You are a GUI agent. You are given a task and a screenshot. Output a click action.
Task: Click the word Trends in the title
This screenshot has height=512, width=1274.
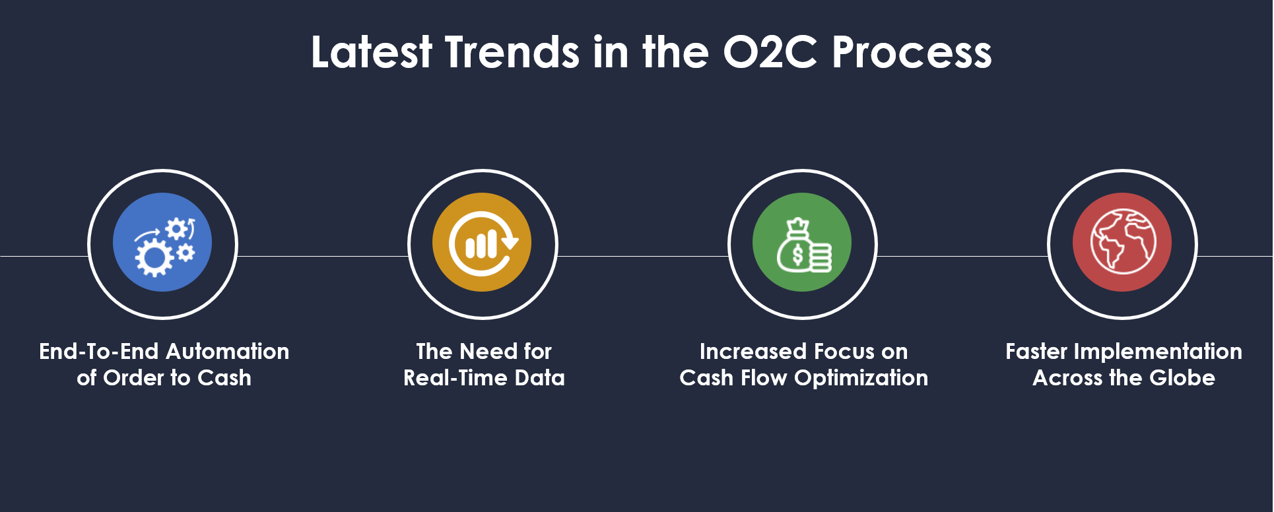(512, 52)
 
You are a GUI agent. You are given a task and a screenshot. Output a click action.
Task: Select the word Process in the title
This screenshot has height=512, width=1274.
(912, 52)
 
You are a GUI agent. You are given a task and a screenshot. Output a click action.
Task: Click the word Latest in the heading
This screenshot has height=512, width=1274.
(372, 52)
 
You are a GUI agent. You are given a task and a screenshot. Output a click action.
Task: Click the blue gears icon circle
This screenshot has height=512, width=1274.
(162, 242)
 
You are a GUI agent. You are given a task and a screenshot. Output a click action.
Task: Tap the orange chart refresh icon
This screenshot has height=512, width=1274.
(482, 242)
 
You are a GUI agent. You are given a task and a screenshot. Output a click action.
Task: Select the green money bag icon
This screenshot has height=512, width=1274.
(802, 242)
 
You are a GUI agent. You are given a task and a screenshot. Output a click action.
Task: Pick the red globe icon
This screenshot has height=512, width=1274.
(1122, 242)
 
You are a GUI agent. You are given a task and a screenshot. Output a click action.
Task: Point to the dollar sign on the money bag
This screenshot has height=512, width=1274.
(797, 255)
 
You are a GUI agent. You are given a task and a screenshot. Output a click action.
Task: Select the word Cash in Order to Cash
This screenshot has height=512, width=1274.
(224, 378)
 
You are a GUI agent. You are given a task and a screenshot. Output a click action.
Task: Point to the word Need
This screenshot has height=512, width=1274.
(488, 352)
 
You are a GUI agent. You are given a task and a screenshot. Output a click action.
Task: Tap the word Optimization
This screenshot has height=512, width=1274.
(861, 379)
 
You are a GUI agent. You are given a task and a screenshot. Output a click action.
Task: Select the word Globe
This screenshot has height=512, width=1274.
(1182, 378)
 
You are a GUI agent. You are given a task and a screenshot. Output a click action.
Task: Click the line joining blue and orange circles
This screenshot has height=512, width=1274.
(323, 256)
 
